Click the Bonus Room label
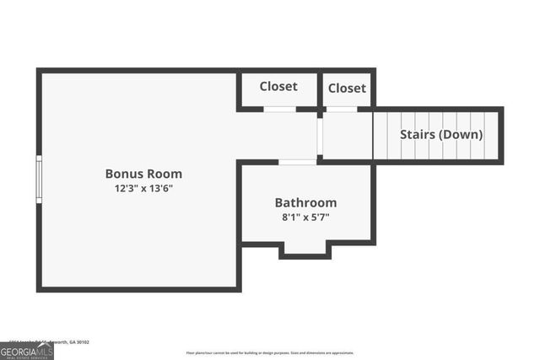pos(143,174)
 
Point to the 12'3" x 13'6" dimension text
pos(143,188)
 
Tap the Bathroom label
pos(305,202)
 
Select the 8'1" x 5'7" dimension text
pos(305,217)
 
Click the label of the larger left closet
pos(278,86)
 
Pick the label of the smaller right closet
pos(347,88)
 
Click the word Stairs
pos(417,134)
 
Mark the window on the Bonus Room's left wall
pos(38,178)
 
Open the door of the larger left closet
pos(279,109)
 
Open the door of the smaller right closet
pos(342,109)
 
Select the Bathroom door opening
pos(297,162)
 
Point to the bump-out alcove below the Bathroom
pos(305,248)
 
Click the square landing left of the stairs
pos(348,135)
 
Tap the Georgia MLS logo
pos(26,352)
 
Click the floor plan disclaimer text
pos(270,353)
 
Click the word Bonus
pos(123,174)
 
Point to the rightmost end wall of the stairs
pos(501,135)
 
